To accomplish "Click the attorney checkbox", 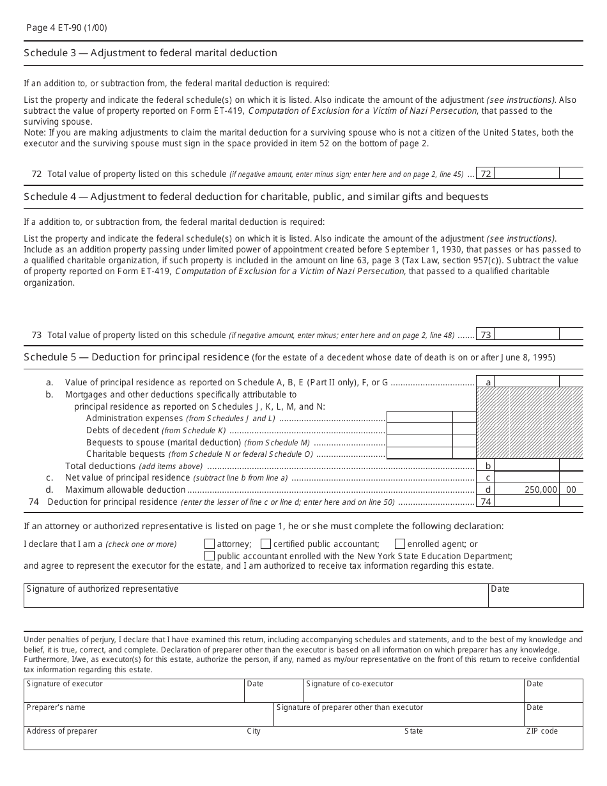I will click(x=209, y=544).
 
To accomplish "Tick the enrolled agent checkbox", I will click(x=400, y=544).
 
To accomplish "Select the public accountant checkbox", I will click(x=209, y=556).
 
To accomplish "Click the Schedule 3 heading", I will click(x=150, y=53).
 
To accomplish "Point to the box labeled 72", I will click(x=486, y=174).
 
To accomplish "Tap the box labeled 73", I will click(x=486, y=335).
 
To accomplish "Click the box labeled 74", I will click(x=486, y=502).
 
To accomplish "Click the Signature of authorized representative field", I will click(x=256, y=596).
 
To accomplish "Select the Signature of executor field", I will click(x=134, y=691).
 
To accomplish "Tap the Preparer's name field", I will click(x=148, y=714).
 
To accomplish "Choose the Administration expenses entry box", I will click(x=419, y=418).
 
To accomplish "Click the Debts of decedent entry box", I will click(x=419, y=430).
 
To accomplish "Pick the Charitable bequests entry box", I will click(x=419, y=454).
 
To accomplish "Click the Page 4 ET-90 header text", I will click(x=63, y=28).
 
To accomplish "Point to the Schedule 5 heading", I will click(x=136, y=357).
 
